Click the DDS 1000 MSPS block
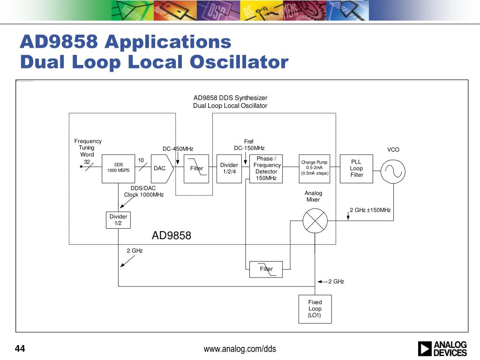coord(118,168)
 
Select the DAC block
coord(160,168)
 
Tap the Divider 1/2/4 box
coord(229,168)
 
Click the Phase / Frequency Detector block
coord(266,168)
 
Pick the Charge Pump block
coord(315,168)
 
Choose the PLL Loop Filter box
coord(356,168)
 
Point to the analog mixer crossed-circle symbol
coord(314,220)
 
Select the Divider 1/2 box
coord(118,220)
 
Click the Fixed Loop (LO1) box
coord(315,309)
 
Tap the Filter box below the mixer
coord(266,269)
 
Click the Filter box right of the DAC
coord(196,168)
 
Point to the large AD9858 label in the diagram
coord(172,236)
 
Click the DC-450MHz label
coord(178,149)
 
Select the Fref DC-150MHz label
coord(249,145)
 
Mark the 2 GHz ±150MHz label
coord(370,210)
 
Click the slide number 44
coord(20,349)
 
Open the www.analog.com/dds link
coord(240,349)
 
